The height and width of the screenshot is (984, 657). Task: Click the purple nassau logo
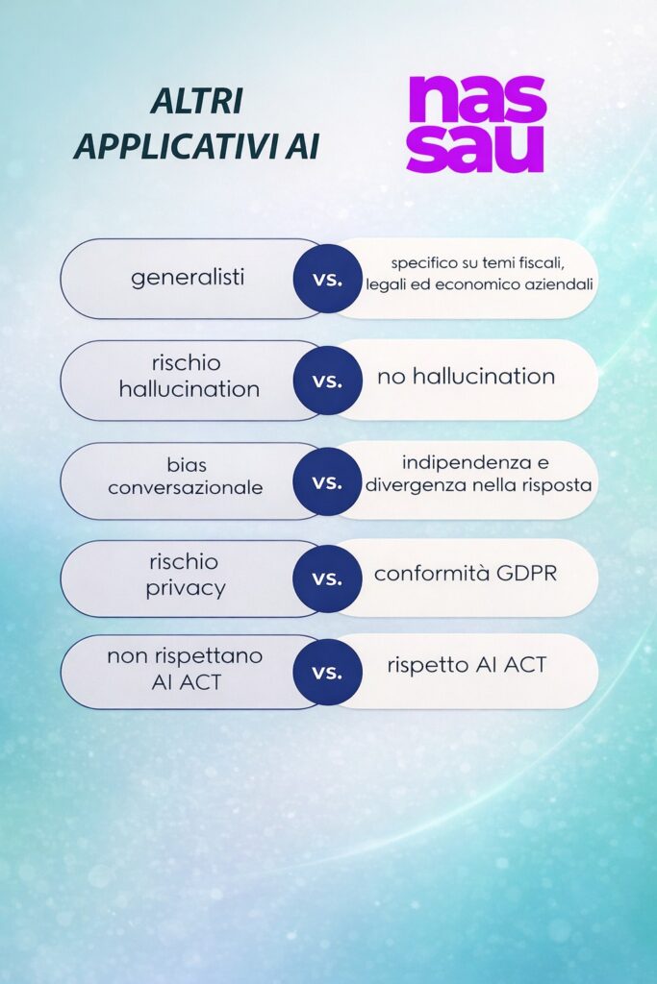pos(477,124)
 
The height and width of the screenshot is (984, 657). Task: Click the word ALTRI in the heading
pos(197,102)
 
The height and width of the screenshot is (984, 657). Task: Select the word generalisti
pos(188,278)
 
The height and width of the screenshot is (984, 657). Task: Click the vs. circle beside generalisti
pos(327,279)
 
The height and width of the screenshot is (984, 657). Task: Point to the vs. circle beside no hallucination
pos(327,381)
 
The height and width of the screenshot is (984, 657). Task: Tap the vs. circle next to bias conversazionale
pos(327,481)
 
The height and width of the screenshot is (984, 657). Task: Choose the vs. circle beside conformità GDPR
pos(327,578)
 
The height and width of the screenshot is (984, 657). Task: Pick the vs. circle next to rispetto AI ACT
pos(327,672)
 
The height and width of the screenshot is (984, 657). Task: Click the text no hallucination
pos(466,376)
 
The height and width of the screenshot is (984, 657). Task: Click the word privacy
pos(186,589)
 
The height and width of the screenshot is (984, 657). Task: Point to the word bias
pos(187,465)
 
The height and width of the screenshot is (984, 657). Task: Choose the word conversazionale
pos(186,487)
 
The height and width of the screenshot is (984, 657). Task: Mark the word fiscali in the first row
pos(543,263)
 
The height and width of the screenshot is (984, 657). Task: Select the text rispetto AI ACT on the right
pos(467,665)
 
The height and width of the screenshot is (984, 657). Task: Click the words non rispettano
pos(185,656)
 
